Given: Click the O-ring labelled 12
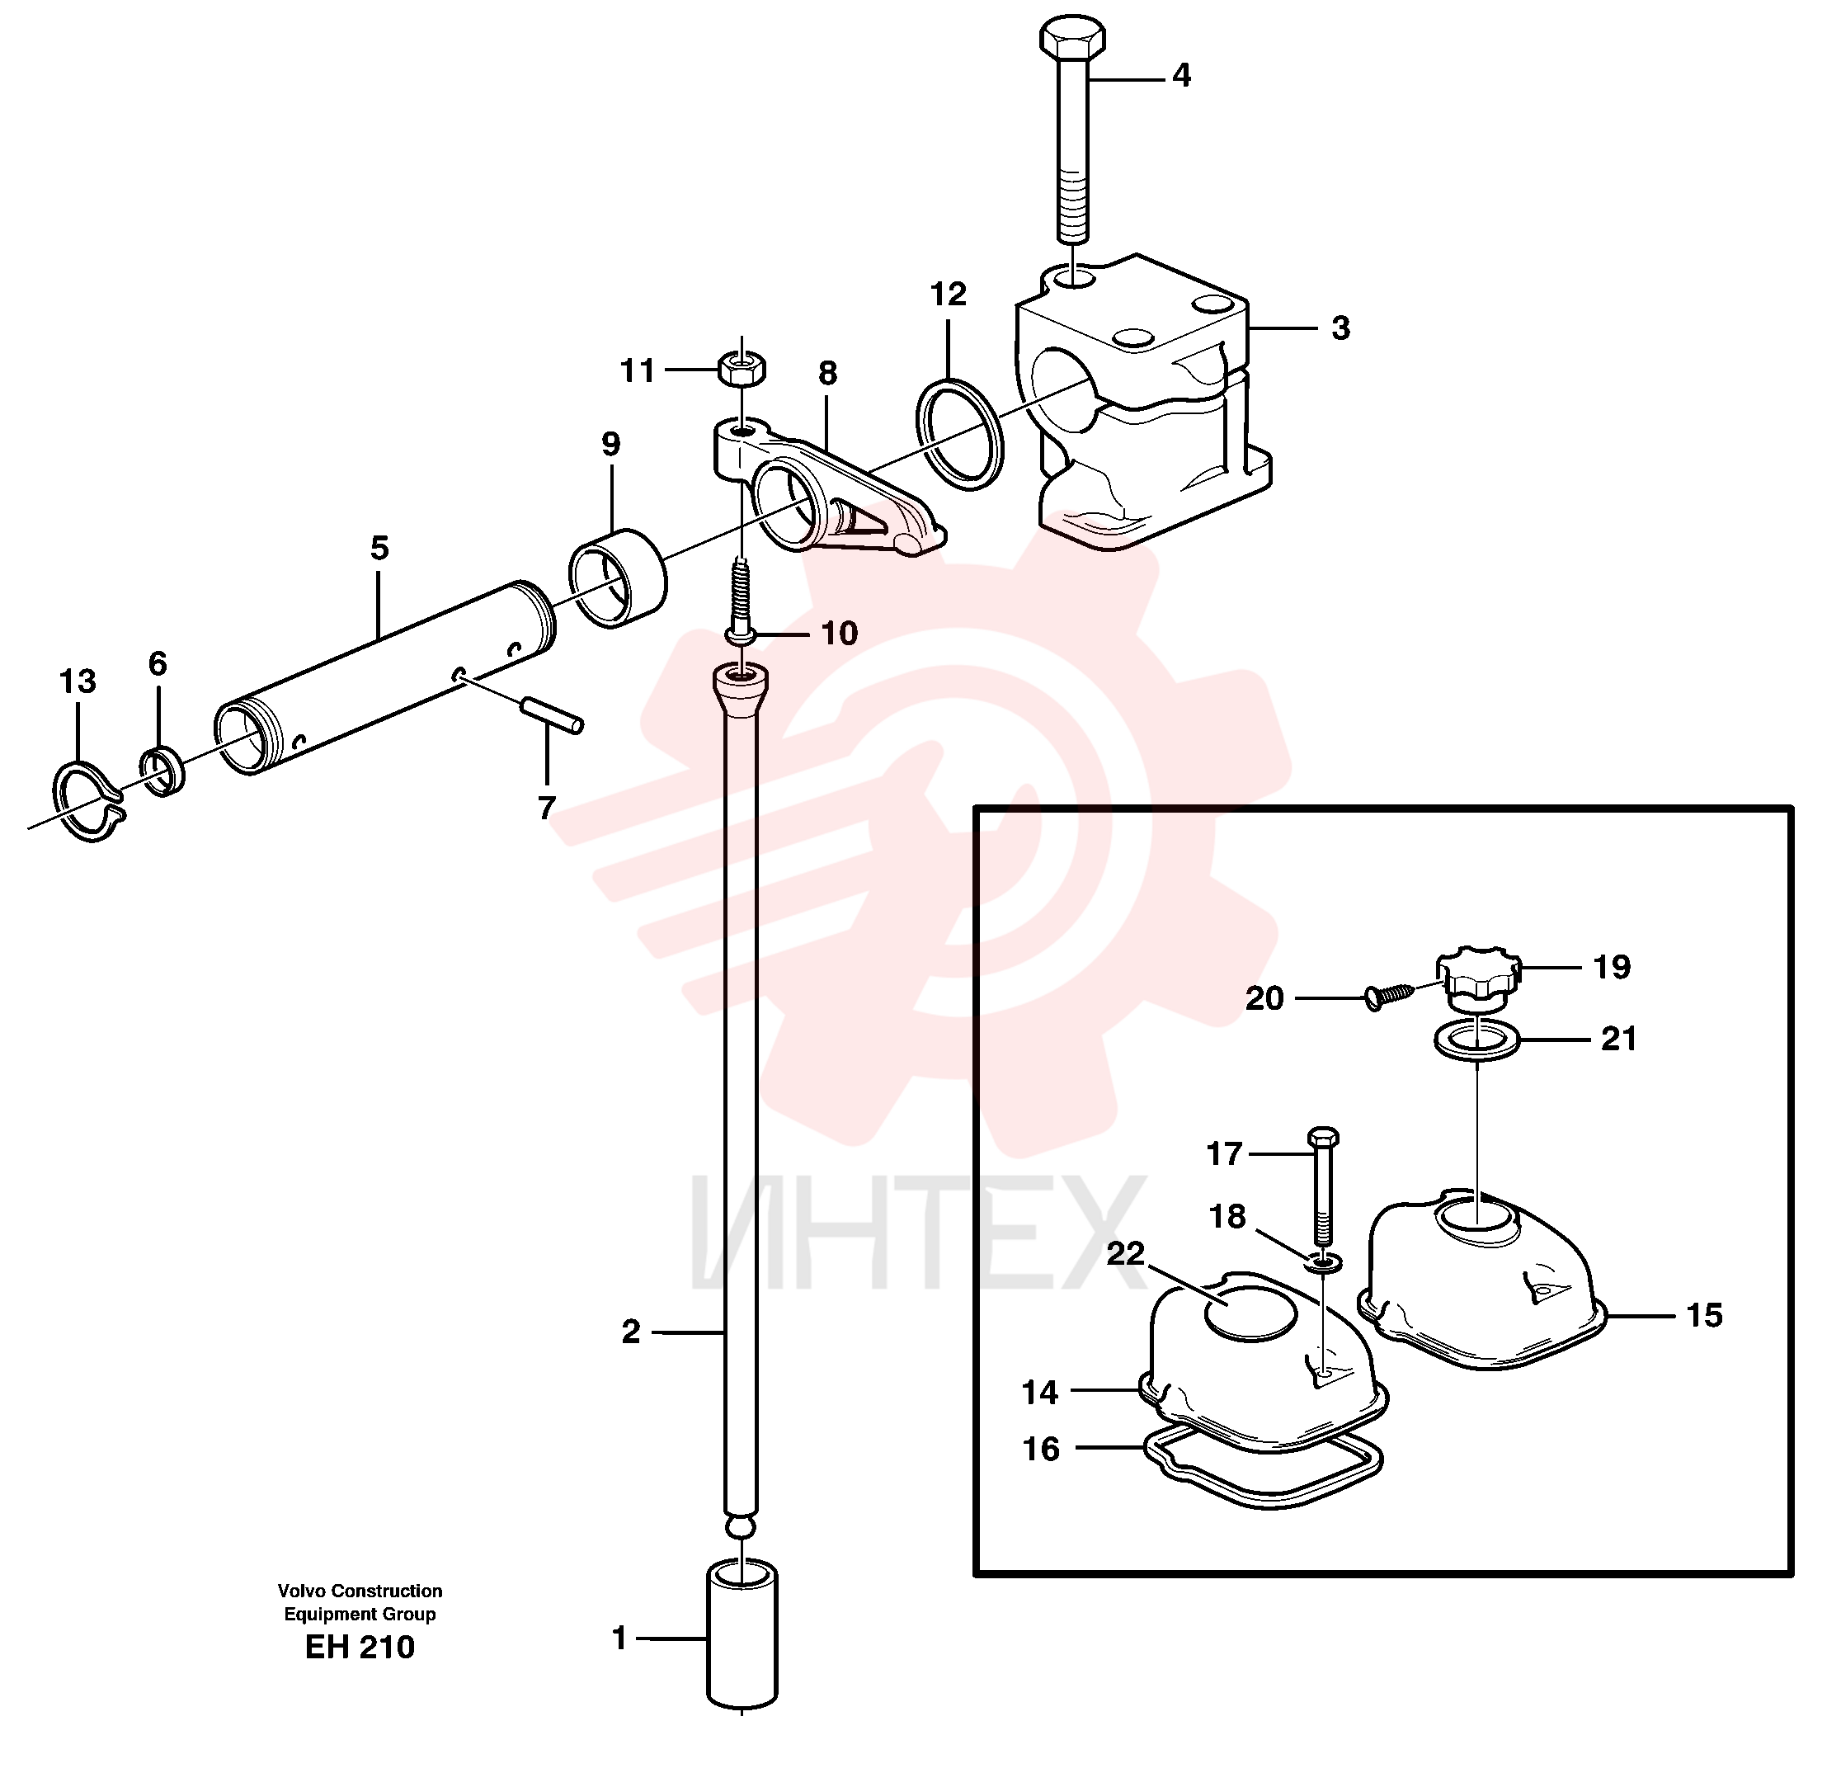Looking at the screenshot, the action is point(960,434).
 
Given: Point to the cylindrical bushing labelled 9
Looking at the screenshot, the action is point(618,577).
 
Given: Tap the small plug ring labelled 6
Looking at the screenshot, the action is point(162,771).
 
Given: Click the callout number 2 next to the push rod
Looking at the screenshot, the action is point(630,1332).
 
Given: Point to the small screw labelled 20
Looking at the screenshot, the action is point(1389,995).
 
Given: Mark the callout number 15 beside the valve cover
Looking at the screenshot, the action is point(1704,1315).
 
